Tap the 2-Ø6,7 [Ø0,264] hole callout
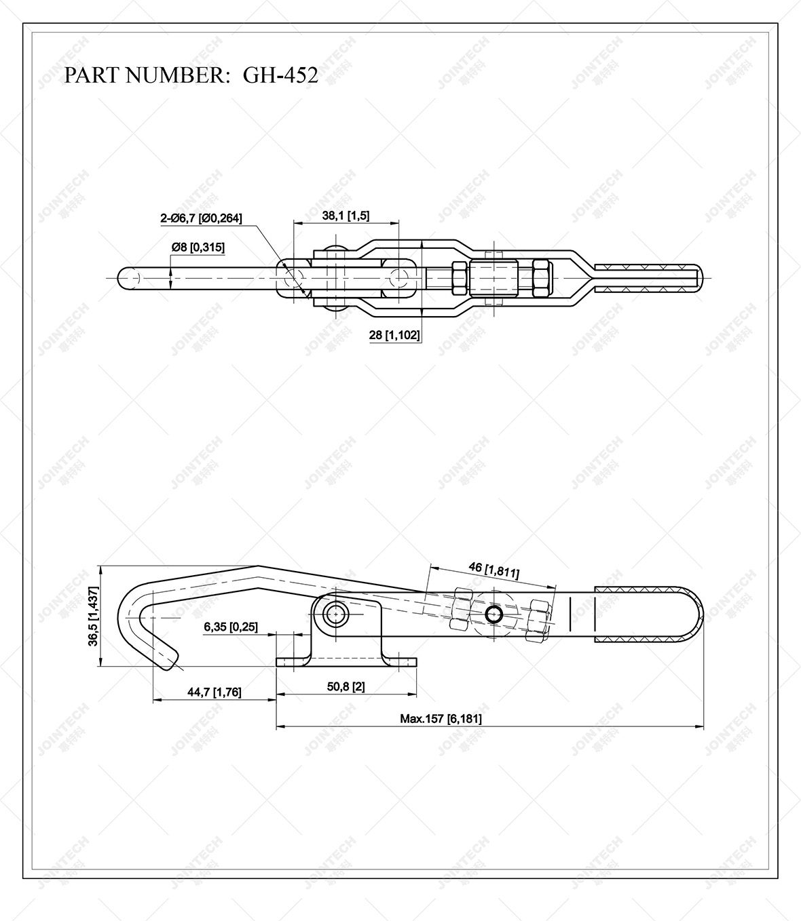tap(201, 218)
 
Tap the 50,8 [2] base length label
tap(346, 686)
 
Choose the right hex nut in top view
tap(542, 277)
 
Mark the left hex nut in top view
tap(458, 277)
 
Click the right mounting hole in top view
tap(400, 277)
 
